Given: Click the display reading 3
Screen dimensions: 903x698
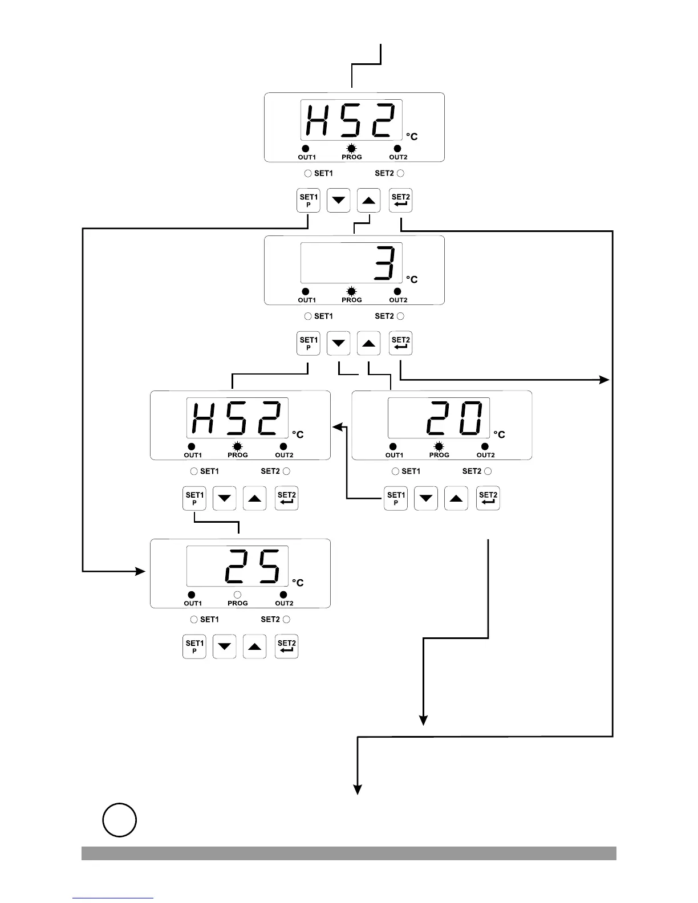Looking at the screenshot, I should [351, 263].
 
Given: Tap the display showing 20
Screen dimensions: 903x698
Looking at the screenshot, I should [439, 418].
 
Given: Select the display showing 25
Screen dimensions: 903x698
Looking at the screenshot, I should [237, 566].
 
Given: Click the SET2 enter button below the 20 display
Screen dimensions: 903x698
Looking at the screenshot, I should [488, 498].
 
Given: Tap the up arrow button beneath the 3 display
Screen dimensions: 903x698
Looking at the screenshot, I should [368, 343].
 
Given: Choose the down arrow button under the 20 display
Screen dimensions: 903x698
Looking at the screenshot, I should [425, 498].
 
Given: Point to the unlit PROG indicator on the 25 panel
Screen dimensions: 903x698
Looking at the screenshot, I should [237, 595].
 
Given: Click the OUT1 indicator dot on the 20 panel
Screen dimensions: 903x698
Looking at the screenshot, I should [393, 447].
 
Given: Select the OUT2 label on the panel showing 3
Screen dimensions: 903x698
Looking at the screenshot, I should [398, 300].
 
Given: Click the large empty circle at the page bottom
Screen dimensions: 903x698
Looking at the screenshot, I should [120, 820].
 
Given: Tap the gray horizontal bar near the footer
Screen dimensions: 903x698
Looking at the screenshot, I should [349, 853].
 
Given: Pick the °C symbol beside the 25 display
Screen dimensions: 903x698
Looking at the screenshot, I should [298, 583].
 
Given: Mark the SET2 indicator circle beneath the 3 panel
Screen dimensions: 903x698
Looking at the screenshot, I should [400, 316].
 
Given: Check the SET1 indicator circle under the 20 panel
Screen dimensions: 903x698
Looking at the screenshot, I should [395, 471].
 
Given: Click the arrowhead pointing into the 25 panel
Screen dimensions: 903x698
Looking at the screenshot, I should [141, 571].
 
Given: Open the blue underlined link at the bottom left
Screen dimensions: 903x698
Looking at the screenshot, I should [113, 898].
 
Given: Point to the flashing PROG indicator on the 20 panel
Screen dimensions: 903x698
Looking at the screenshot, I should [439, 447].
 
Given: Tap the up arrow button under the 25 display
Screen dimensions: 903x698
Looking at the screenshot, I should [254, 646].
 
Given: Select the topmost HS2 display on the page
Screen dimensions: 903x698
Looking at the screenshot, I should [351, 120].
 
